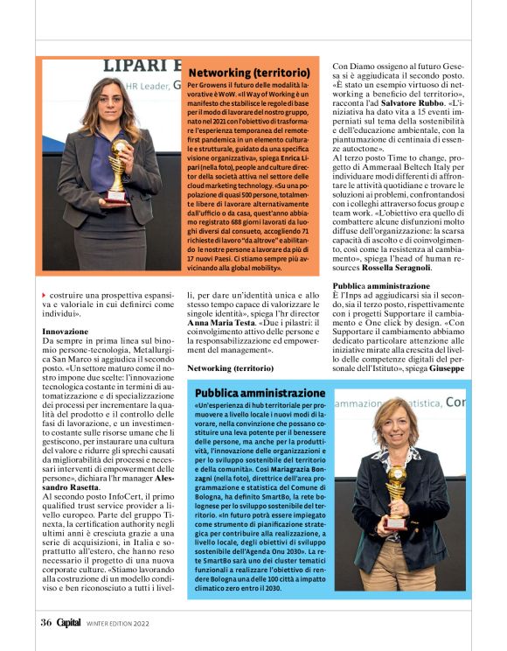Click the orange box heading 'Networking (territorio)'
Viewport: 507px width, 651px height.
pos(249,72)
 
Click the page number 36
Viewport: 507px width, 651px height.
pos(45,623)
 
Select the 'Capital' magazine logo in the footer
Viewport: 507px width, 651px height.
pos(68,623)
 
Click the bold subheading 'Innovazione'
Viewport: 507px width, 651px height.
pos(66,332)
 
